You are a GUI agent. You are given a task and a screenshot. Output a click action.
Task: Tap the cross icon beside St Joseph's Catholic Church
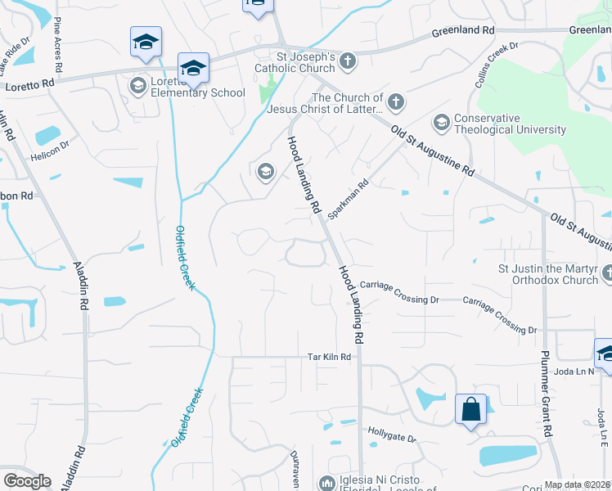348,61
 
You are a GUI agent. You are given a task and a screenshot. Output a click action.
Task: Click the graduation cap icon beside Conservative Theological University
442,123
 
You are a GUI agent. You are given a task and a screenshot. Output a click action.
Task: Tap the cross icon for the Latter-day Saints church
395,102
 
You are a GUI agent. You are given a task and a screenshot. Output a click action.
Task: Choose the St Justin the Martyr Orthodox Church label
548,274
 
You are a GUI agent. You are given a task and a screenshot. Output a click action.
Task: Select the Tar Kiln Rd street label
329,357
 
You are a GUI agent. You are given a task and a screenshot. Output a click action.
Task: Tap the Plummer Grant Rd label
546,394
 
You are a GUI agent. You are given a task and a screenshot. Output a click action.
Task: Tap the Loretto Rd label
29,83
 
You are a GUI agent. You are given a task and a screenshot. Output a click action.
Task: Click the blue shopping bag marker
471,408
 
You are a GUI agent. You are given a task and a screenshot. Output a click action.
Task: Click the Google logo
28,481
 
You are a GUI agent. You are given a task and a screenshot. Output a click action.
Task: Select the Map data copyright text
578,484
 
